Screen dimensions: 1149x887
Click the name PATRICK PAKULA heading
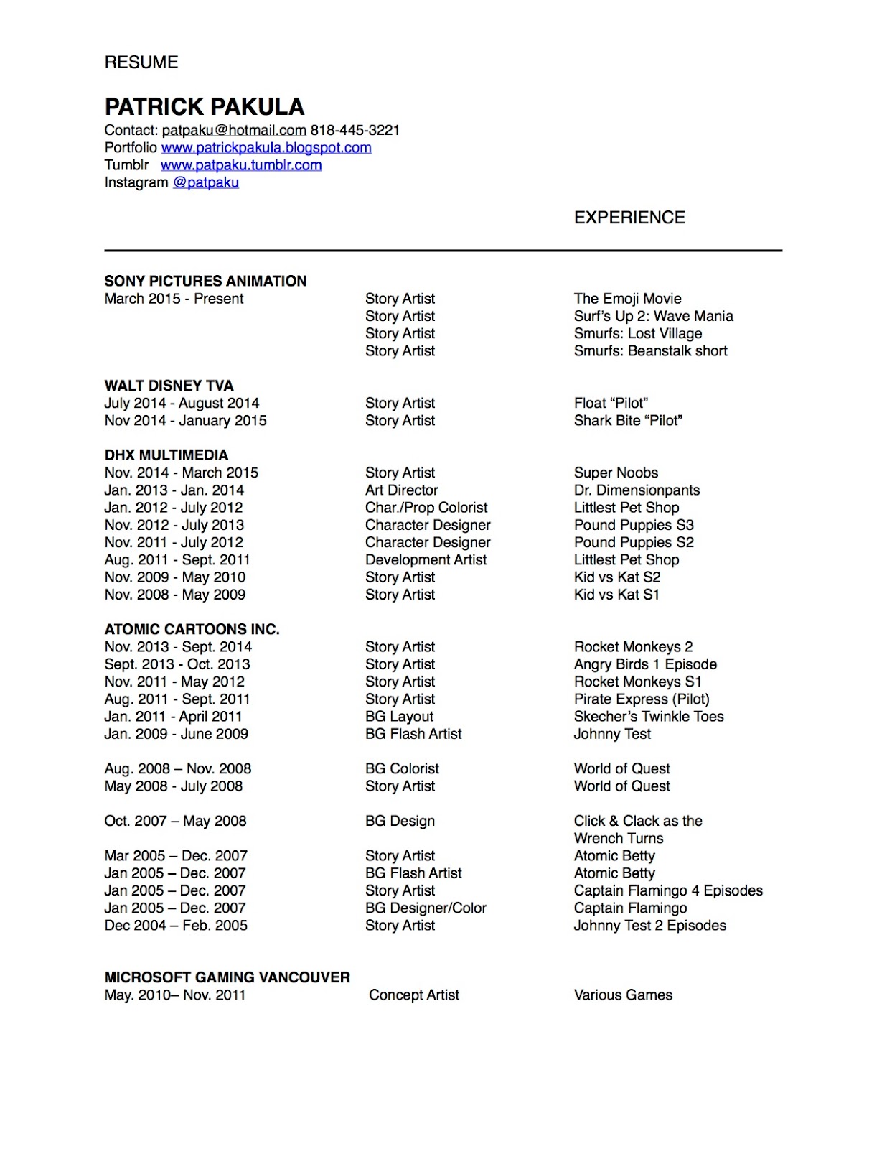205,107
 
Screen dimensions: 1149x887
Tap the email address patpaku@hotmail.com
234,131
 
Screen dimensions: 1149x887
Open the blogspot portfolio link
266,148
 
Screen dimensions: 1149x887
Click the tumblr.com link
241,165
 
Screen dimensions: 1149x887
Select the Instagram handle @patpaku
206,182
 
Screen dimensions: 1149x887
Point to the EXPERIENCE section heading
629,218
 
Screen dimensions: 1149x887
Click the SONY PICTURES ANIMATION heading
205,281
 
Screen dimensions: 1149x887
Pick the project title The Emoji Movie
627,299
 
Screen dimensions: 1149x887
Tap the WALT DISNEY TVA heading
169,386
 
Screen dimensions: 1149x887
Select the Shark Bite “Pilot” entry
628,421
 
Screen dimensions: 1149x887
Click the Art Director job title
401,490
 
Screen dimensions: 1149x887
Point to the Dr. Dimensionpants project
637,490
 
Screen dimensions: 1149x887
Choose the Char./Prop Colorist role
426,508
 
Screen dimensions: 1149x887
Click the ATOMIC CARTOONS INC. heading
192,629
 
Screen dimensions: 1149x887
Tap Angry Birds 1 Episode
645,664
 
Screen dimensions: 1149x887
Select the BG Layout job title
399,717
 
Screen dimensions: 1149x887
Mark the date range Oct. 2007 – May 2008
175,821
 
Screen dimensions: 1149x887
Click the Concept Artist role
414,995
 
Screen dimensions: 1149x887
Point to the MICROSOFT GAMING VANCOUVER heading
227,977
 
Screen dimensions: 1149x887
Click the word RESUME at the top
141,62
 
